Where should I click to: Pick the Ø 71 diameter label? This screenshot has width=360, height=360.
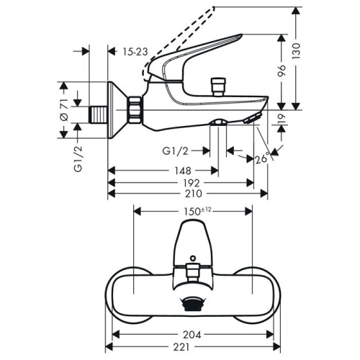click(x=64, y=108)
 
